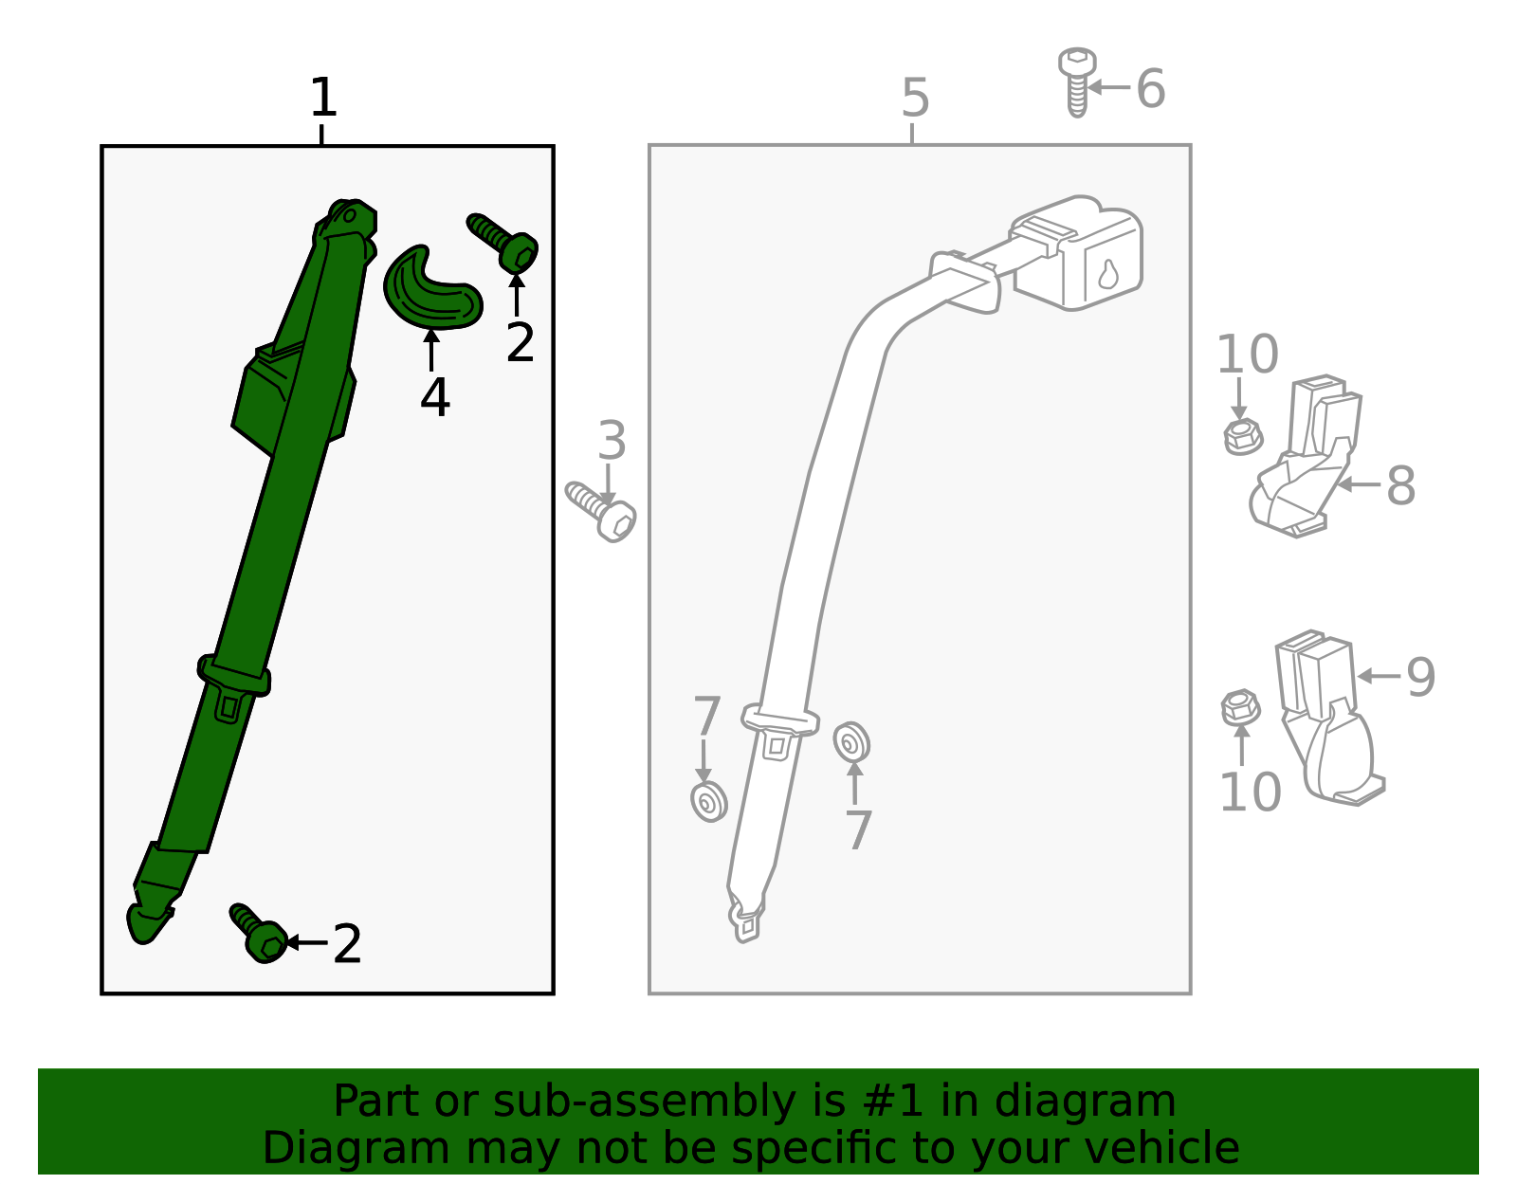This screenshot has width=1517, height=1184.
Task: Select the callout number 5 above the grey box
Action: pos(915,98)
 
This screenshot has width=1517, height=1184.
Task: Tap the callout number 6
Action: pos(1151,88)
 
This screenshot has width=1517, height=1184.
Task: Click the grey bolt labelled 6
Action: pos(1077,82)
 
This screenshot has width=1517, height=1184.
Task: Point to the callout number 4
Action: pos(435,398)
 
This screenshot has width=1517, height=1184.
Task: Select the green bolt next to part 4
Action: pos(503,242)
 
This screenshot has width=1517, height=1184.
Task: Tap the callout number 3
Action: pos(612,441)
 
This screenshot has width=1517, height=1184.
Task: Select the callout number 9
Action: pos(1420,677)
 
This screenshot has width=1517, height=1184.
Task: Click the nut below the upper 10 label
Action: pos(1243,437)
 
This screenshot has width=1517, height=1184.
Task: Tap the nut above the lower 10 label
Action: pos(1241,707)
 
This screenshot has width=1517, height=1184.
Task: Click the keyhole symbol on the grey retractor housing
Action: pos(1108,274)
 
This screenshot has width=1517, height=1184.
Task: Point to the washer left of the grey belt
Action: pos(708,802)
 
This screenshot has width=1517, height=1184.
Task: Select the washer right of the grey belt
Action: pos(851,742)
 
